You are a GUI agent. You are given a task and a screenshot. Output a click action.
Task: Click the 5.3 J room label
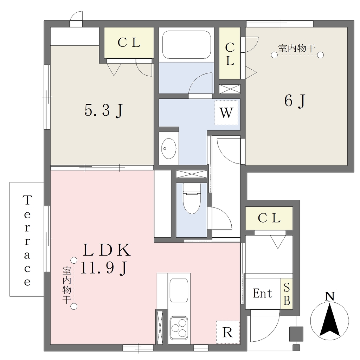click(x=104, y=111)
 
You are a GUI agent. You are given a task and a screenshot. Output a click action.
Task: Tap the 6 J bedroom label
click(x=295, y=101)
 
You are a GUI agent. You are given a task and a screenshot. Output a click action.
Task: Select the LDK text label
click(x=107, y=250)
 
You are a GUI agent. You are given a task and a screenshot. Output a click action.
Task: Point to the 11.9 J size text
click(x=104, y=268)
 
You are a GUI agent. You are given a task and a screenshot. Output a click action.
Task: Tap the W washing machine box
click(x=226, y=113)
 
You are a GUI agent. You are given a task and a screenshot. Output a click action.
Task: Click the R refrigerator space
click(x=228, y=332)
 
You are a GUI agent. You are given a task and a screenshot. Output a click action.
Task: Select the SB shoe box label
click(x=287, y=294)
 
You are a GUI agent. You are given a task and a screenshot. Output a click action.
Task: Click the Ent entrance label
click(x=263, y=294)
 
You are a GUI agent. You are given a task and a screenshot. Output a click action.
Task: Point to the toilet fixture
click(x=192, y=198)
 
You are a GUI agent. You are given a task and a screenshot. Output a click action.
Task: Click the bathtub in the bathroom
click(x=186, y=45)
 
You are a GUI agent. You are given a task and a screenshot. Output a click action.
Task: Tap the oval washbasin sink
click(x=169, y=149)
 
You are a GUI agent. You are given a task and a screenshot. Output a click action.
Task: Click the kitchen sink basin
click(x=179, y=291)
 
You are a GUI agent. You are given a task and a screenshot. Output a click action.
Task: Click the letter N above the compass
click(x=330, y=296)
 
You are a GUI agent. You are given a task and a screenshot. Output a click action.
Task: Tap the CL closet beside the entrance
click(x=269, y=218)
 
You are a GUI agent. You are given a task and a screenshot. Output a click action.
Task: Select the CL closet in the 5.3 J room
click(x=129, y=43)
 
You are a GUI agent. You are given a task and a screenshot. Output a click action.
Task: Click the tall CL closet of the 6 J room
click(x=230, y=53)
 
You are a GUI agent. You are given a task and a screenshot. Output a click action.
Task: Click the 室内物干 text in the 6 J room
click(x=297, y=49)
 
